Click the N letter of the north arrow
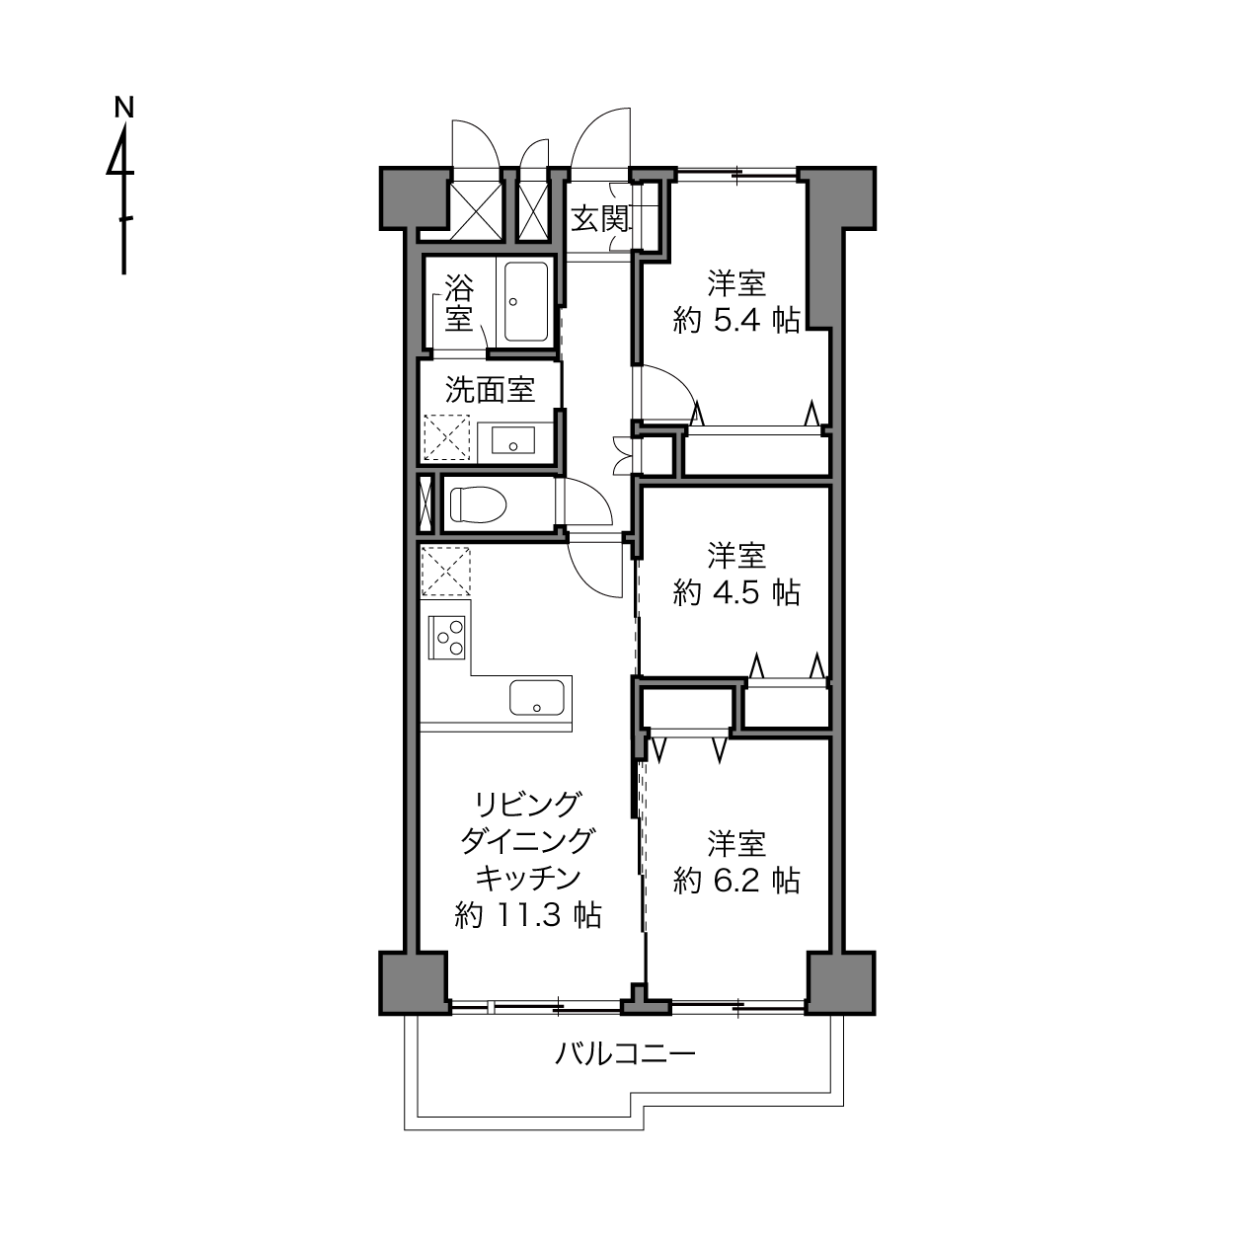pyautogui.click(x=123, y=108)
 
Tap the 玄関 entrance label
pyautogui.click(x=599, y=219)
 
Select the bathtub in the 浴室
pyautogui.click(x=526, y=301)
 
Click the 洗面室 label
pyautogui.click(x=490, y=389)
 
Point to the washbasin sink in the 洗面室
pyautogui.click(x=512, y=439)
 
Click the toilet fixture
pyautogui.click(x=477, y=504)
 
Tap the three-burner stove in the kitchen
pyautogui.click(x=447, y=637)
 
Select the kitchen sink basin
pyautogui.click(x=537, y=697)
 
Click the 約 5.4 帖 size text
pyautogui.click(x=736, y=320)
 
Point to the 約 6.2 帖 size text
pyautogui.click(x=736, y=880)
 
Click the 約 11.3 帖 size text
pyautogui.click(x=528, y=914)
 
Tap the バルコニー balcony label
pyautogui.click(x=625, y=1053)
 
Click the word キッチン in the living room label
pyautogui.click(x=528, y=878)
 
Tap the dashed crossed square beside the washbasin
pyautogui.click(x=447, y=437)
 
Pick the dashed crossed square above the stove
pyautogui.click(x=446, y=571)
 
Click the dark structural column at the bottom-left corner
pyautogui.click(x=414, y=982)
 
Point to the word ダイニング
pyautogui.click(x=528, y=841)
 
